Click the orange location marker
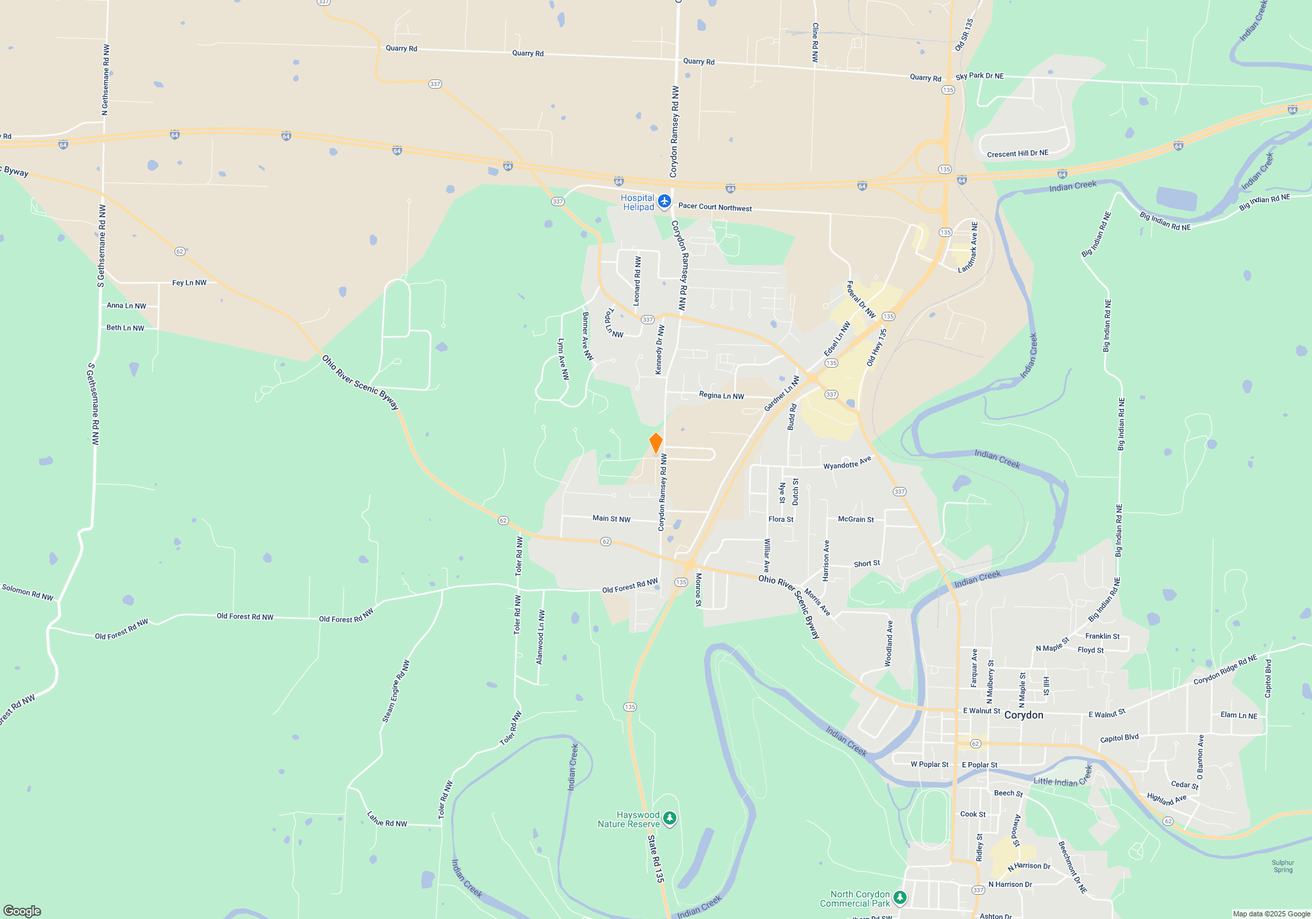pyautogui.click(x=655, y=443)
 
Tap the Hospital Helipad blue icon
pyautogui.click(x=665, y=201)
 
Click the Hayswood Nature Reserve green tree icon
pyautogui.click(x=670, y=818)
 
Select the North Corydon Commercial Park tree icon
pyautogui.click(x=901, y=897)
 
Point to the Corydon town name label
pyautogui.click(x=1023, y=715)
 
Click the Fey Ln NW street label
pyautogui.click(x=189, y=283)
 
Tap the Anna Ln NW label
pyautogui.click(x=127, y=306)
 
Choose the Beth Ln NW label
pyautogui.click(x=125, y=328)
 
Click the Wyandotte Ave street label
pyautogui.click(x=847, y=463)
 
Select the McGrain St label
pyautogui.click(x=855, y=519)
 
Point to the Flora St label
pyautogui.click(x=781, y=519)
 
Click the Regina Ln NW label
pyautogui.click(x=721, y=396)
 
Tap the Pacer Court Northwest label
pyautogui.click(x=715, y=207)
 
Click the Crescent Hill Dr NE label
pyautogui.click(x=1017, y=154)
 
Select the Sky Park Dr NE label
pyautogui.click(x=979, y=76)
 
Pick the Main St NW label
pyautogui.click(x=611, y=519)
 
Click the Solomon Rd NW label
pyautogui.click(x=28, y=592)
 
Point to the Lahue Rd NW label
pyautogui.click(x=387, y=819)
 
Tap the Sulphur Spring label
pyautogui.click(x=1283, y=866)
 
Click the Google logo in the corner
pyautogui.click(x=22, y=910)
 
